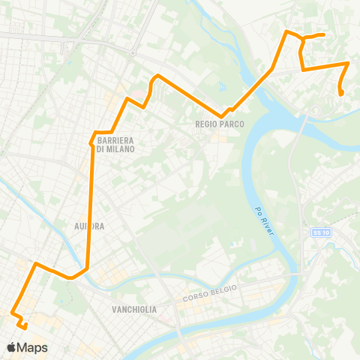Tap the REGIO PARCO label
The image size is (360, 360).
(220, 124)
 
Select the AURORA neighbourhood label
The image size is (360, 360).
(88, 225)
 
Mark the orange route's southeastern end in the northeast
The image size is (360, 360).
(342, 94)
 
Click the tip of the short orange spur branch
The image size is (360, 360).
(322, 34)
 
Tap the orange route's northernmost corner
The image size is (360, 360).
(287, 31)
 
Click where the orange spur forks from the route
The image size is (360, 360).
(302, 37)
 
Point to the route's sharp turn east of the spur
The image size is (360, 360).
(348, 64)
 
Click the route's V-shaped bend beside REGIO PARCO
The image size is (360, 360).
(220, 116)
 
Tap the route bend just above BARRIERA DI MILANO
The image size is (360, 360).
(95, 133)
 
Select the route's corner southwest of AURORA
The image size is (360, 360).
(35, 264)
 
